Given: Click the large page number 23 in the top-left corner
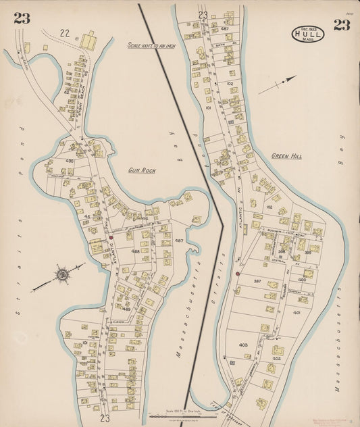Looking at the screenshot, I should [22, 18].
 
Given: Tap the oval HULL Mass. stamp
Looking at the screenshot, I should [307, 33].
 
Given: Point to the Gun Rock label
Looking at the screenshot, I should [142, 170].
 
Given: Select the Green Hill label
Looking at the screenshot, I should [286, 155].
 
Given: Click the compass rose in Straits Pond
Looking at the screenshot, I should [61, 274].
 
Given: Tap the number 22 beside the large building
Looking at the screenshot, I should [65, 32].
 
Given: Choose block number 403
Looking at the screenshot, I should [243, 345].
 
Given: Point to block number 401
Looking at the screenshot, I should [297, 313].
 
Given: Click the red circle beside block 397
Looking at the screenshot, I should [237, 274].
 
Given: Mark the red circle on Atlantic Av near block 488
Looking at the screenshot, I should [110, 238].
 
